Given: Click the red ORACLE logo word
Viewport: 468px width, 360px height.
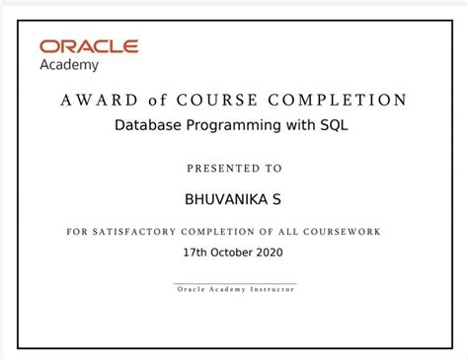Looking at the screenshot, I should point(89,46).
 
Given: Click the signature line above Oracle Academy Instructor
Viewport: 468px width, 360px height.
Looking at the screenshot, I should point(234,284).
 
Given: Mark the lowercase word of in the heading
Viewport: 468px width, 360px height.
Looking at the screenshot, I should point(160,101).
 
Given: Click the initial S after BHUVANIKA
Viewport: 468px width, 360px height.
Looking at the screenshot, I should point(277,199).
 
